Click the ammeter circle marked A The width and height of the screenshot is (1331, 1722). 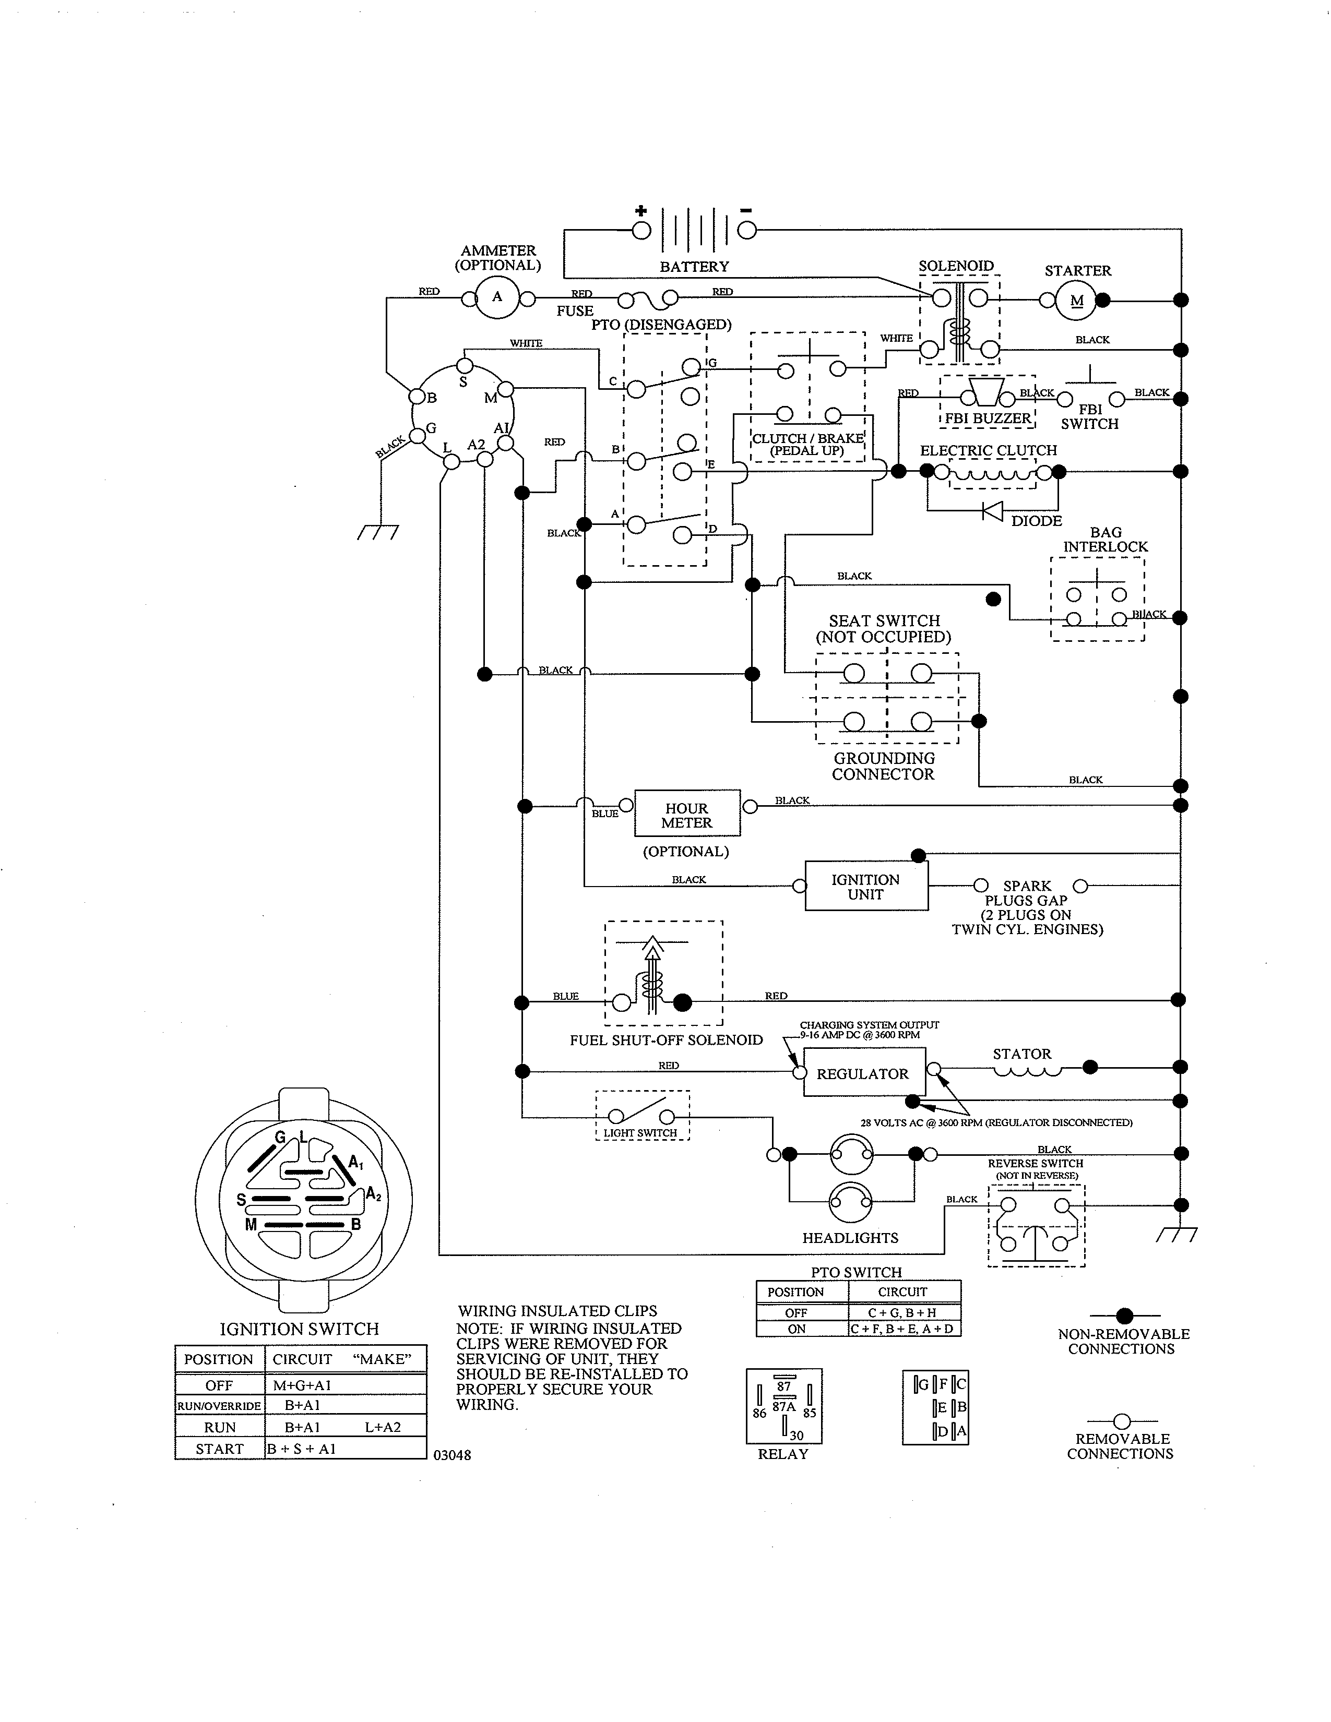tap(497, 297)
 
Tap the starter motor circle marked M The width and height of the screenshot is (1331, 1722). tap(1076, 301)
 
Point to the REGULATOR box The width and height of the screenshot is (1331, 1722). tap(863, 1074)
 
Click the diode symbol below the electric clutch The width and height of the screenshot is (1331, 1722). tap(992, 511)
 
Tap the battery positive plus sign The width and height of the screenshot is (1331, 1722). tap(641, 210)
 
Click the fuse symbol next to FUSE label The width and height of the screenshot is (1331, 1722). tap(647, 299)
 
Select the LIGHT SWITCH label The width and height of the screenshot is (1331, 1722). tap(640, 1133)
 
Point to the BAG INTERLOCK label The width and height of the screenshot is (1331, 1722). tap(1106, 540)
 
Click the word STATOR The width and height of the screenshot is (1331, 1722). tap(1022, 1054)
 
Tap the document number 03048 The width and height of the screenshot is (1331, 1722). tap(453, 1455)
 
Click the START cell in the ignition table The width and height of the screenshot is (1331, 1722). tap(219, 1449)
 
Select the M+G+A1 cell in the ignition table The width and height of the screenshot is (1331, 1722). tap(302, 1385)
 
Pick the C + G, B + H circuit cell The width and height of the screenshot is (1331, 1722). tap(903, 1313)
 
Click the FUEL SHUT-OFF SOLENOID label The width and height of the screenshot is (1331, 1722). tap(667, 1040)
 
